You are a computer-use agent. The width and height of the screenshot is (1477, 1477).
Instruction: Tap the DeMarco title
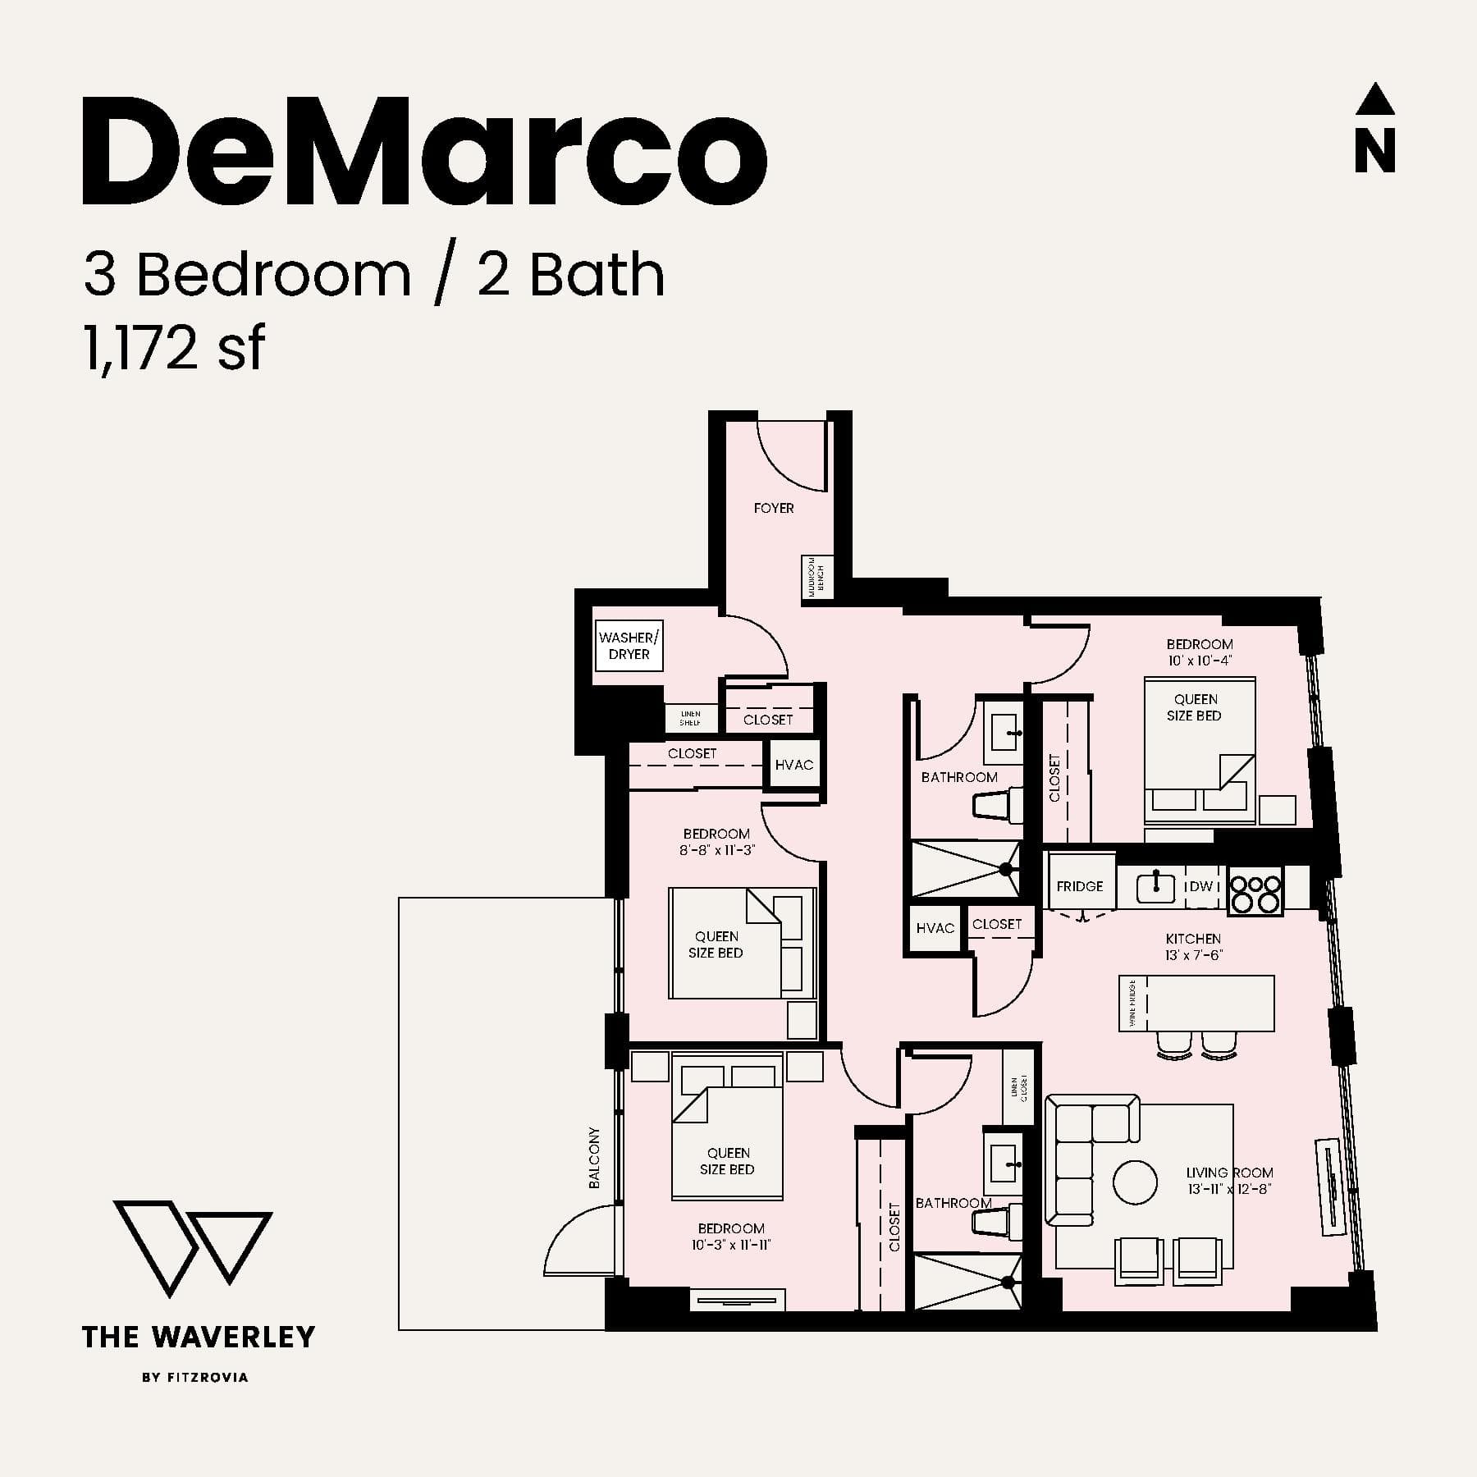[x=424, y=152]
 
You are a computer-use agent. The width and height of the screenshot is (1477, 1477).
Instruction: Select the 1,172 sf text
[x=174, y=348]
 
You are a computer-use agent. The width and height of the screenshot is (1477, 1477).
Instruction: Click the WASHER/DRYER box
[x=629, y=646]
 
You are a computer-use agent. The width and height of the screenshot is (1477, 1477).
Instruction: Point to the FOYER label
[x=774, y=508]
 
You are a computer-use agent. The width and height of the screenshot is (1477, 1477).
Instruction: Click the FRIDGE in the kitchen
[x=1080, y=886]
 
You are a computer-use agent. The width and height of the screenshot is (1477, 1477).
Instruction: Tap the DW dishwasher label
[x=1200, y=886]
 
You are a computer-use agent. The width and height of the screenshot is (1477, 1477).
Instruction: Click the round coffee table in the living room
[x=1135, y=1182]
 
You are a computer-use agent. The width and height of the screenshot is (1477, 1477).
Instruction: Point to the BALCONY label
[x=594, y=1158]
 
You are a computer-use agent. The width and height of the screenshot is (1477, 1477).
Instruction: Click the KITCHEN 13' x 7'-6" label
[x=1193, y=946]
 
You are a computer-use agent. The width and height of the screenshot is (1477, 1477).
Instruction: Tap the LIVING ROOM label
[x=1229, y=1173]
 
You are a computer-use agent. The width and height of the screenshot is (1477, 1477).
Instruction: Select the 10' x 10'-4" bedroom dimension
[x=1200, y=660]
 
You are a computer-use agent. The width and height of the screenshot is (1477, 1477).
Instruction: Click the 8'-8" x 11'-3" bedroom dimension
[x=716, y=850]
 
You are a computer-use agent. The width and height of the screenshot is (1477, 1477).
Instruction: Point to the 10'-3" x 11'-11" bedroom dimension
[x=731, y=1244]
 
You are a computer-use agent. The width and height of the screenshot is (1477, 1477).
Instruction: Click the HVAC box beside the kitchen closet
[x=935, y=928]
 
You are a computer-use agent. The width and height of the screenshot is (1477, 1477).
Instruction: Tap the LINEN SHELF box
[x=690, y=718]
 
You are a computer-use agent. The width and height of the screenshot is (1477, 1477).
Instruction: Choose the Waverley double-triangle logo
[x=192, y=1249]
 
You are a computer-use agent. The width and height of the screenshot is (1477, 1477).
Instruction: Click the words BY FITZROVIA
[x=195, y=1377]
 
